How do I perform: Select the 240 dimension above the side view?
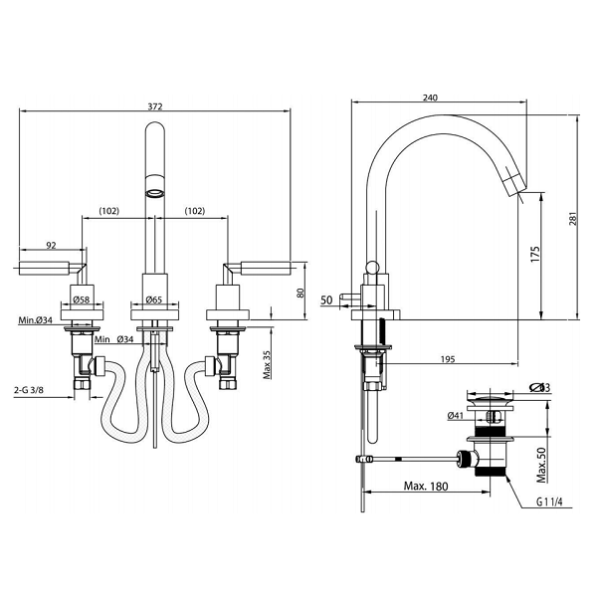point(430,98)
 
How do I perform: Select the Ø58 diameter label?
point(81,298)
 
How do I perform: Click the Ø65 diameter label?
point(153,298)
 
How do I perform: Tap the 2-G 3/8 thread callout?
point(35,392)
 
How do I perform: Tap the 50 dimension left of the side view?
point(326,299)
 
